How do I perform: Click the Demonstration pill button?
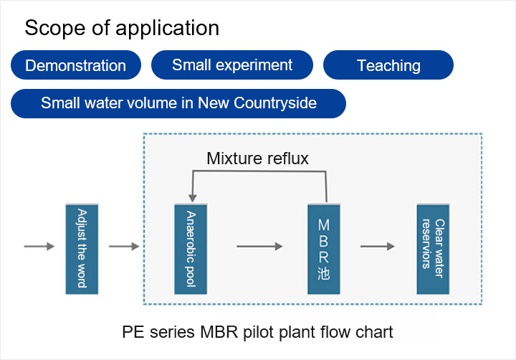tap(75, 66)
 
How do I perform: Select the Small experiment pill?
tap(232, 65)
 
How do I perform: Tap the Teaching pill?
tap(388, 66)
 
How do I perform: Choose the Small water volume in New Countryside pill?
tap(178, 103)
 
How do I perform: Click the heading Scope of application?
tap(122, 28)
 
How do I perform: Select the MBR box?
tap(323, 248)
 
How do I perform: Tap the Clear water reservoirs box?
tap(434, 248)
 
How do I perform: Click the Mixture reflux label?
tap(257, 158)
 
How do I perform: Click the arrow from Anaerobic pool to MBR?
tap(259, 247)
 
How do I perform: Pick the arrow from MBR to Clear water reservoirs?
tap(377, 247)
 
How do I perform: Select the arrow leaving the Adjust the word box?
tap(124, 247)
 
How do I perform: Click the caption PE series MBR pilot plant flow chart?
tap(257, 333)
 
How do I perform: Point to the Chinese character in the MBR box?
tap(323, 275)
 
